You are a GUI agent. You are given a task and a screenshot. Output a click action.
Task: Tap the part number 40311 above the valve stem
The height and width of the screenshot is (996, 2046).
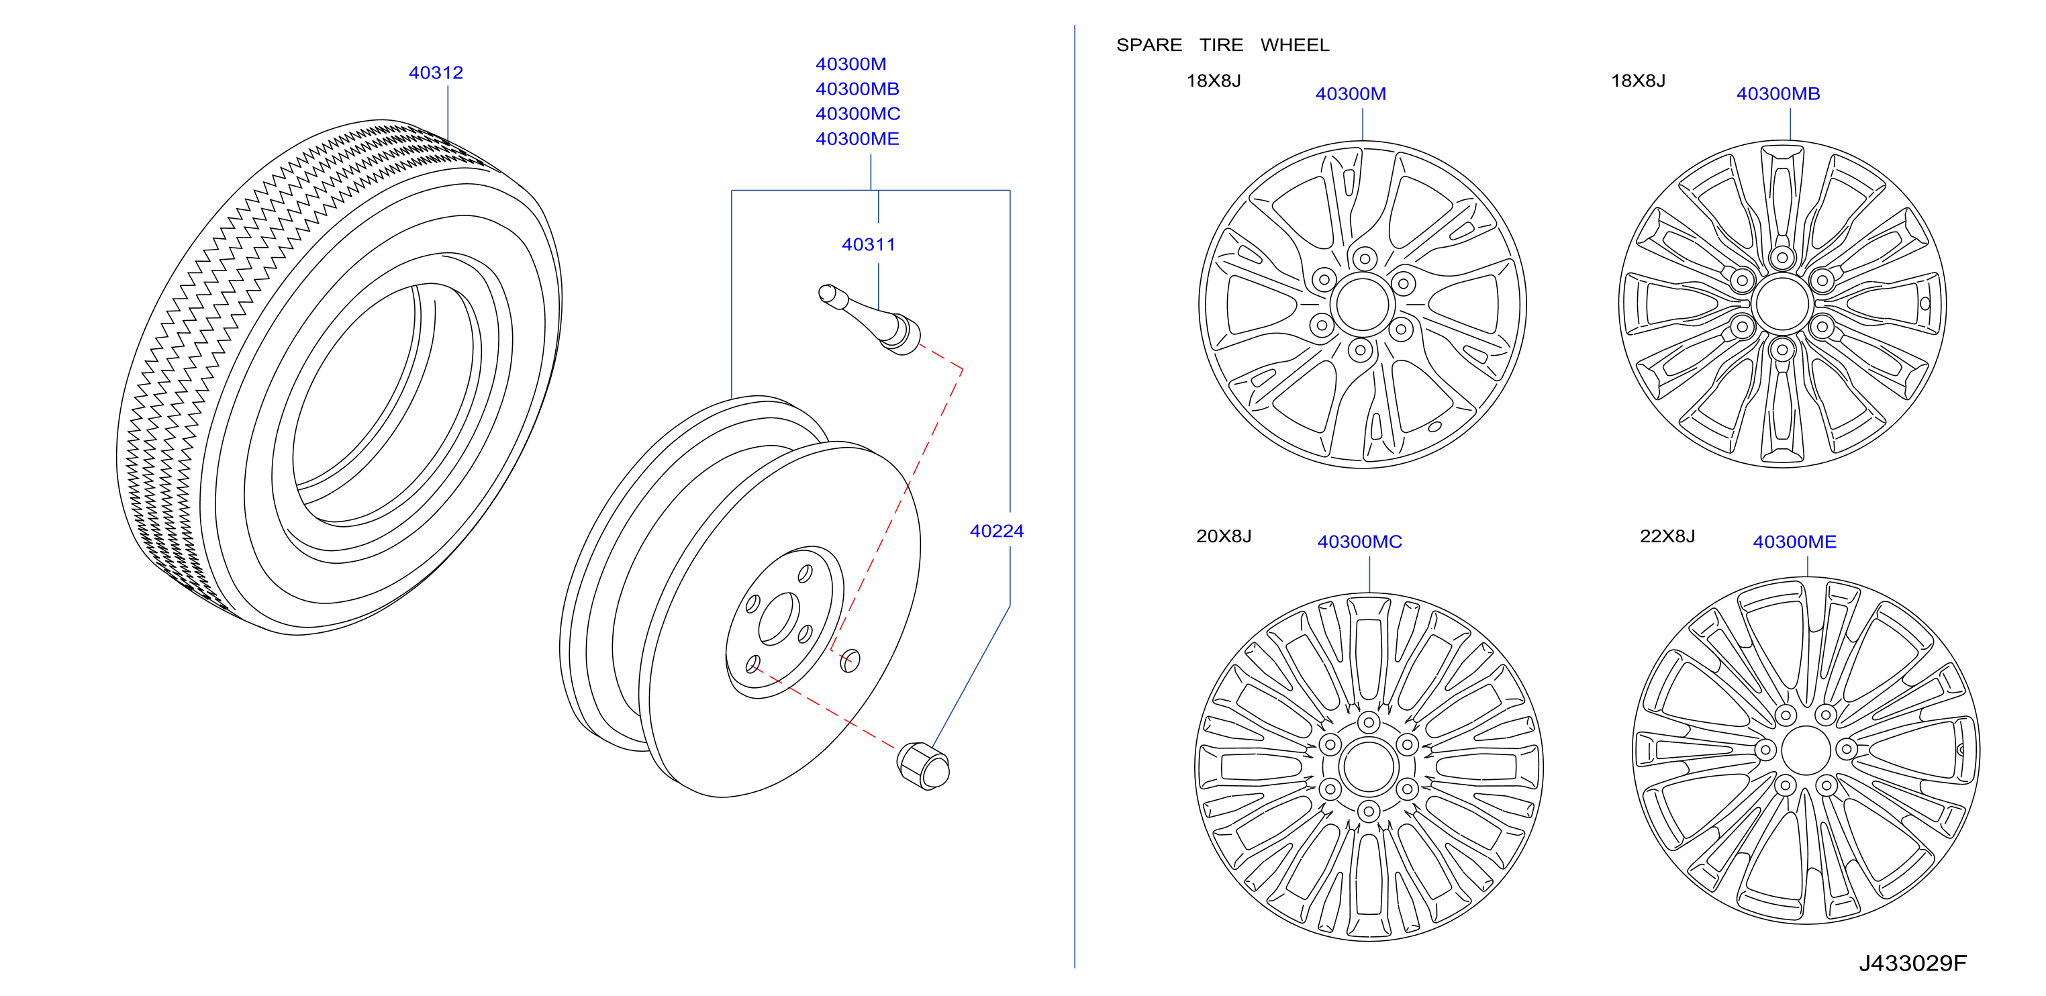point(868,244)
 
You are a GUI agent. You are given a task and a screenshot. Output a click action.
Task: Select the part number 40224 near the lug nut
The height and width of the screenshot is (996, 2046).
point(997,531)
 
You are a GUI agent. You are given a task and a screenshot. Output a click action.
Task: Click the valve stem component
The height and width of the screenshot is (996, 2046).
point(870,319)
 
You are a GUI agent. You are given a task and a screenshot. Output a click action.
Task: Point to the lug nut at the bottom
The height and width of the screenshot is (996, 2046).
point(923,766)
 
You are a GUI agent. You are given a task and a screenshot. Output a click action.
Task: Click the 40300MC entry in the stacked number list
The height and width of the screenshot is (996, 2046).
point(858,113)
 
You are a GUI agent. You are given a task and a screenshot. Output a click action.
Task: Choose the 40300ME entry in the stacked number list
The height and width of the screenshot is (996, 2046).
point(857,139)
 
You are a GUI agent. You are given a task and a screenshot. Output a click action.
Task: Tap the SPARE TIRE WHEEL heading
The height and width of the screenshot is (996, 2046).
point(1222,45)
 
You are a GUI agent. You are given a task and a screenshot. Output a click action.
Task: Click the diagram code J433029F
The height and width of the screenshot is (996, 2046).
point(1912,963)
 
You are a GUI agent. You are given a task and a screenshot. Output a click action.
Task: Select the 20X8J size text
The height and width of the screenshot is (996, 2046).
point(1223,536)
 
